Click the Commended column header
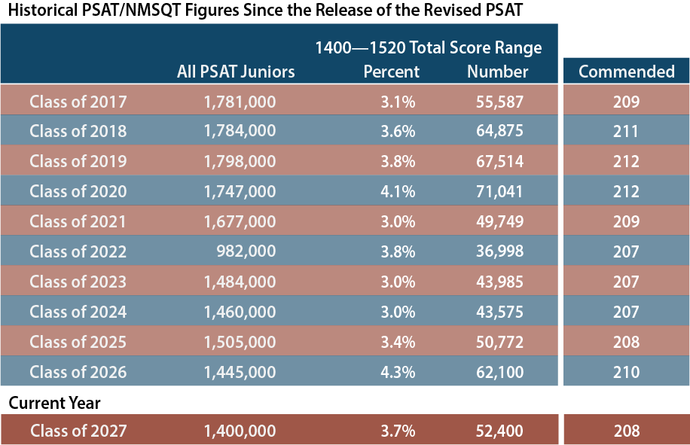626,72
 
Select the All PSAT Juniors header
236,72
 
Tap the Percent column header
391,72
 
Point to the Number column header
497,72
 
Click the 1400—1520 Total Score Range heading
428,48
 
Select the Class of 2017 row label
78,101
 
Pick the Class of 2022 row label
78,251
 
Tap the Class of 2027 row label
78,431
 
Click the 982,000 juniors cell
246,251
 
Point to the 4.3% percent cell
398,372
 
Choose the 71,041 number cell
499,191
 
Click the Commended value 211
626,131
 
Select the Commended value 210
626,372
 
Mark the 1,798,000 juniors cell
240,161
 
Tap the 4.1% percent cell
398,191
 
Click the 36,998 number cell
499,251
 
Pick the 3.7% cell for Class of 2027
398,431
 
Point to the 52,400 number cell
499,431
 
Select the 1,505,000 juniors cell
240,342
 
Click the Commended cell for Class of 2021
626,221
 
